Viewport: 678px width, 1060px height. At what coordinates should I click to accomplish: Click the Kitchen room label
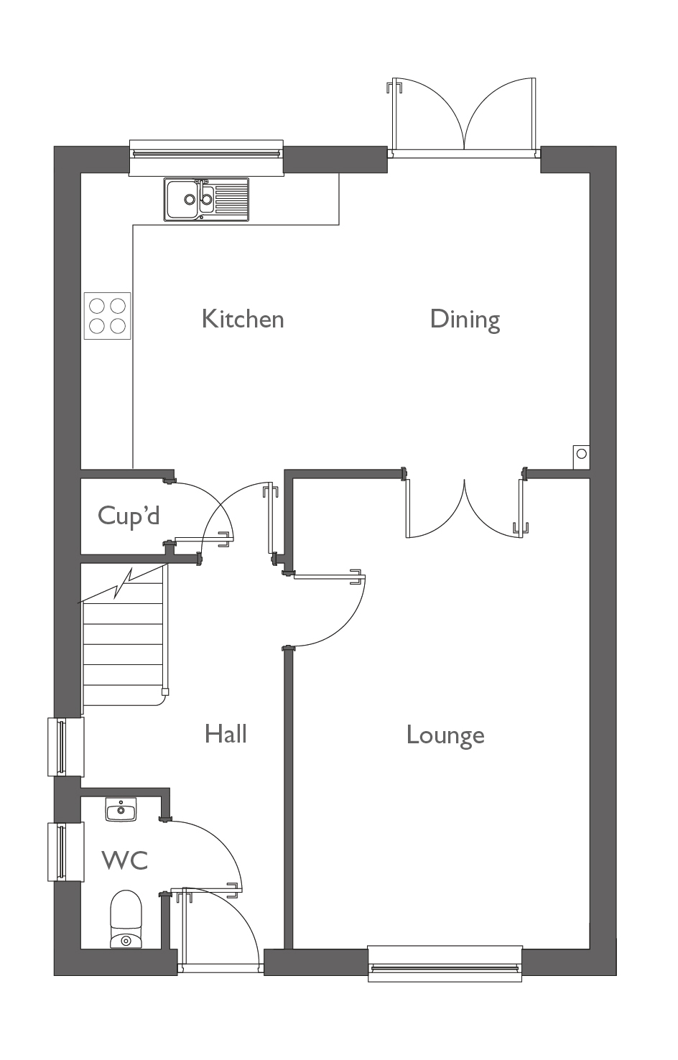pos(243,319)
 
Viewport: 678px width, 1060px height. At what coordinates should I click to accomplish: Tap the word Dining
pos(465,319)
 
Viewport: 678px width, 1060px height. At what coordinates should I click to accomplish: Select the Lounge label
pos(445,735)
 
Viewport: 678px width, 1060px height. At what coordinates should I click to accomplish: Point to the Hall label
pos(226,734)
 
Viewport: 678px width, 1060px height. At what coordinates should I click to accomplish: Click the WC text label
pos(125,860)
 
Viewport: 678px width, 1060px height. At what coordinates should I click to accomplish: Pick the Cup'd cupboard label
pos(129,516)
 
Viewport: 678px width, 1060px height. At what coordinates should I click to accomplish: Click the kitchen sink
pos(206,199)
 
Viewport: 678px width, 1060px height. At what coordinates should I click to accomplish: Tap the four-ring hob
pos(108,316)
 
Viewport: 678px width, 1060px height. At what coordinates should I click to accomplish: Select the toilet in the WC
pos(126,920)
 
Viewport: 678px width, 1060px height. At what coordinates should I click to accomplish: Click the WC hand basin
pos(121,809)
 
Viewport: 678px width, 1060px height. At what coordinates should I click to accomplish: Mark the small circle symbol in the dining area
pos(581,454)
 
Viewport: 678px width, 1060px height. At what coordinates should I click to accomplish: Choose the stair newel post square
pos(166,692)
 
